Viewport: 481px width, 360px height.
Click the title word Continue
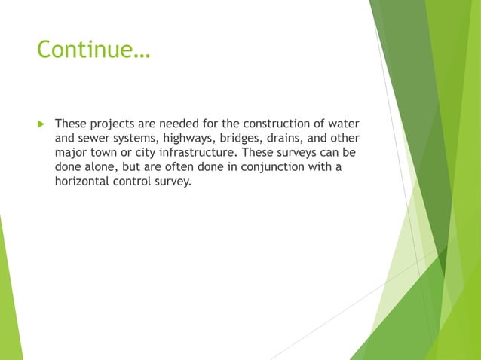[93, 50]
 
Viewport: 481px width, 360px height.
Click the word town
[108, 152]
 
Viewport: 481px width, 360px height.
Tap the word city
[152, 152]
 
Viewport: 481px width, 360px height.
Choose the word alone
[100, 166]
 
